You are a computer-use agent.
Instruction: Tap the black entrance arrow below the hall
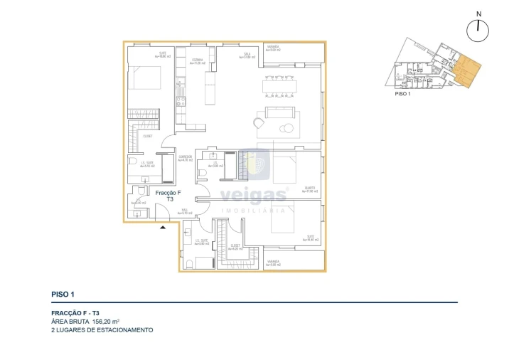click(164, 227)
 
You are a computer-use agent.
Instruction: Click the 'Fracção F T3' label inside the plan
click(169, 196)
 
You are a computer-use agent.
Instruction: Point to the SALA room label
click(246, 55)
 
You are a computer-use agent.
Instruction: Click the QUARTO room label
click(309, 189)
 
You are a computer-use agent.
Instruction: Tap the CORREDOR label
click(186, 159)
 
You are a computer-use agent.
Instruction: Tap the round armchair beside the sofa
click(259, 123)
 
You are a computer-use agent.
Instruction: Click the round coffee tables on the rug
click(287, 129)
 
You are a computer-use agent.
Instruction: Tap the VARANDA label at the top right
click(273, 49)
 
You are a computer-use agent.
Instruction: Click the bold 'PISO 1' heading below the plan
click(63, 294)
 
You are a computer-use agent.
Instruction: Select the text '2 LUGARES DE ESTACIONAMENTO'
click(102, 330)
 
